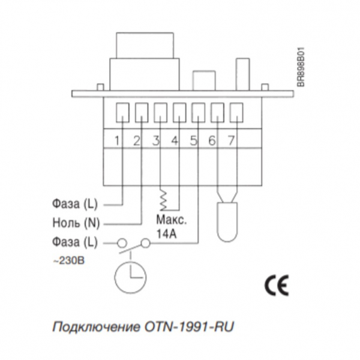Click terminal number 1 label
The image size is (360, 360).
pyautogui.click(x=117, y=140)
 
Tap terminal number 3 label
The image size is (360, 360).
pyautogui.click(x=156, y=140)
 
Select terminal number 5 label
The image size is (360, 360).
pyautogui.click(x=194, y=140)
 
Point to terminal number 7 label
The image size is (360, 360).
pyautogui.click(x=231, y=140)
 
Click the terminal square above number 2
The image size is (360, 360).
pyautogui.click(x=142, y=112)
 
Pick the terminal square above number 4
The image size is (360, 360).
pyautogui.click(x=179, y=112)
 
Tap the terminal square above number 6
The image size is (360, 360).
pyautogui.click(x=217, y=112)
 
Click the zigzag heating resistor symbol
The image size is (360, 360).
pyautogui.click(x=163, y=200)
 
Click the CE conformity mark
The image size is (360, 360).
pyautogui.click(x=277, y=285)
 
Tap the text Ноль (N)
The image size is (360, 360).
pyautogui.click(x=76, y=223)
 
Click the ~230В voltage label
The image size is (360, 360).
pyautogui.click(x=68, y=261)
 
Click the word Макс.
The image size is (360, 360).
pyautogui.click(x=172, y=220)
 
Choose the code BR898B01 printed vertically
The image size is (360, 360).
pyautogui.click(x=301, y=67)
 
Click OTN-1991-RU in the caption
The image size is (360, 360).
pyautogui.click(x=189, y=326)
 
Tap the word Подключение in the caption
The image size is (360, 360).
pyautogui.click(x=96, y=327)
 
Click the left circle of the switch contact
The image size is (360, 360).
pyautogui.click(x=122, y=242)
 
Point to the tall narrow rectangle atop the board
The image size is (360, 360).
pyautogui.click(x=242, y=74)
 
